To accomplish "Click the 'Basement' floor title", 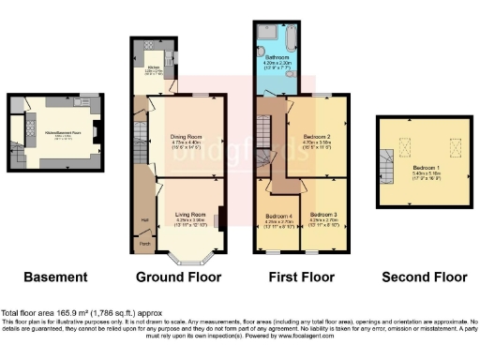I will pos(55,277).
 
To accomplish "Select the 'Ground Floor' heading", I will pos(178,277).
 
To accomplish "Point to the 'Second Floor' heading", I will pos(424,277).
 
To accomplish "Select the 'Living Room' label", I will pos(190,215).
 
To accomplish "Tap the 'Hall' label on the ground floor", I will pos(145,221).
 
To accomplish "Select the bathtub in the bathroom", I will pos(288,37).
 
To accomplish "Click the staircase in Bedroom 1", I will pos(387,170).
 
